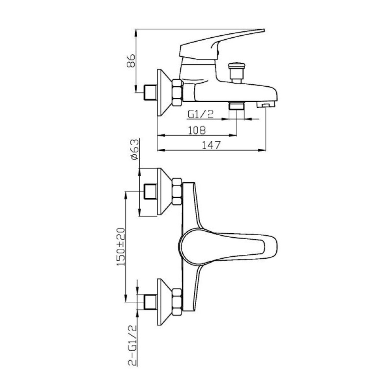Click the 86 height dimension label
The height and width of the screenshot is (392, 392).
[x=131, y=60]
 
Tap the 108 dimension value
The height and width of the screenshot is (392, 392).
[x=196, y=130]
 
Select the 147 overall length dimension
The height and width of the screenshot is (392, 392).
[x=212, y=145]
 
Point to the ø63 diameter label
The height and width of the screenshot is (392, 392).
[x=134, y=149]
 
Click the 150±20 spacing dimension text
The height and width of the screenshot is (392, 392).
[x=121, y=247]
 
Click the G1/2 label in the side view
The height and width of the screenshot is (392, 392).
[x=201, y=114]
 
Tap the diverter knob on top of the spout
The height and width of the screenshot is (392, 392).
[x=236, y=73]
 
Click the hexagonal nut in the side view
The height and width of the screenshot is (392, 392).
[x=177, y=92]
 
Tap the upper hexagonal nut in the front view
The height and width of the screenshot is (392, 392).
[x=177, y=192]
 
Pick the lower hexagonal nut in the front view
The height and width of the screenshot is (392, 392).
[x=177, y=302]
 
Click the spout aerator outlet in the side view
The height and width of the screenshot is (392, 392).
[x=266, y=104]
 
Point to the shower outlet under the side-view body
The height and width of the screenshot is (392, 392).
[x=237, y=106]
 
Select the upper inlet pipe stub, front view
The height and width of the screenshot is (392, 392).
[x=151, y=192]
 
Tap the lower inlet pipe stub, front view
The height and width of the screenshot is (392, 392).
[x=151, y=302]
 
